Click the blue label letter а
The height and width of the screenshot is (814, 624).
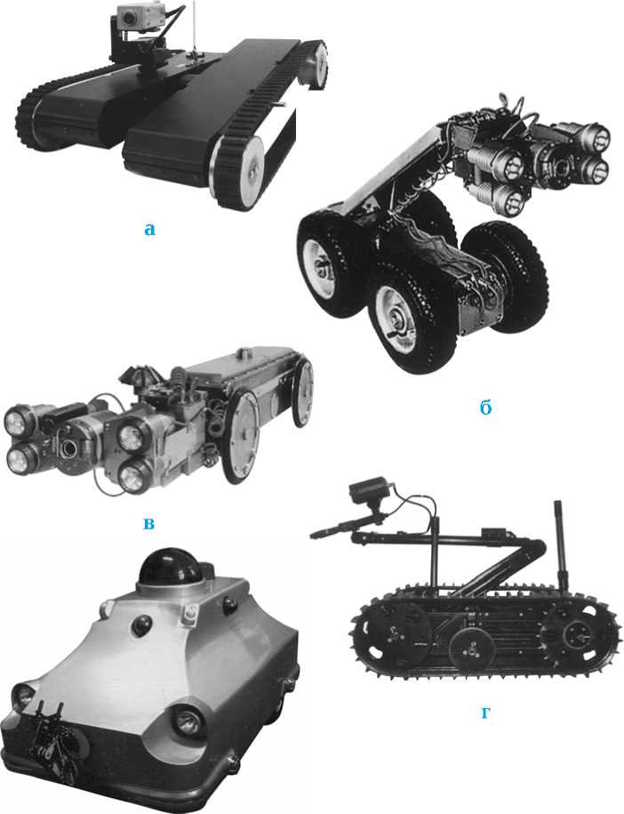pyautogui.click(x=149, y=230)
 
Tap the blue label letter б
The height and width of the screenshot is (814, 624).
pyautogui.click(x=485, y=408)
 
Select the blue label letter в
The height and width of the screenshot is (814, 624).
pyautogui.click(x=148, y=523)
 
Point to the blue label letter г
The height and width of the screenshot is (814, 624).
pyautogui.click(x=485, y=713)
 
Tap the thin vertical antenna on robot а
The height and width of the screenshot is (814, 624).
pyautogui.click(x=194, y=26)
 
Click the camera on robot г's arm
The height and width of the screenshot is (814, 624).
pyautogui.click(x=369, y=490)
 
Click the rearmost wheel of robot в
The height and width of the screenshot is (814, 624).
pyautogui.click(x=302, y=393)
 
